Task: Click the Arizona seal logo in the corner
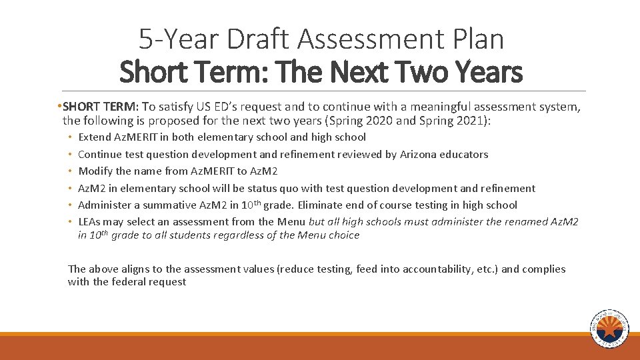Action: (609, 329)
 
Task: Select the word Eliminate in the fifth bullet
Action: (322, 205)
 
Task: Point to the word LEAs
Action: (90, 222)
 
